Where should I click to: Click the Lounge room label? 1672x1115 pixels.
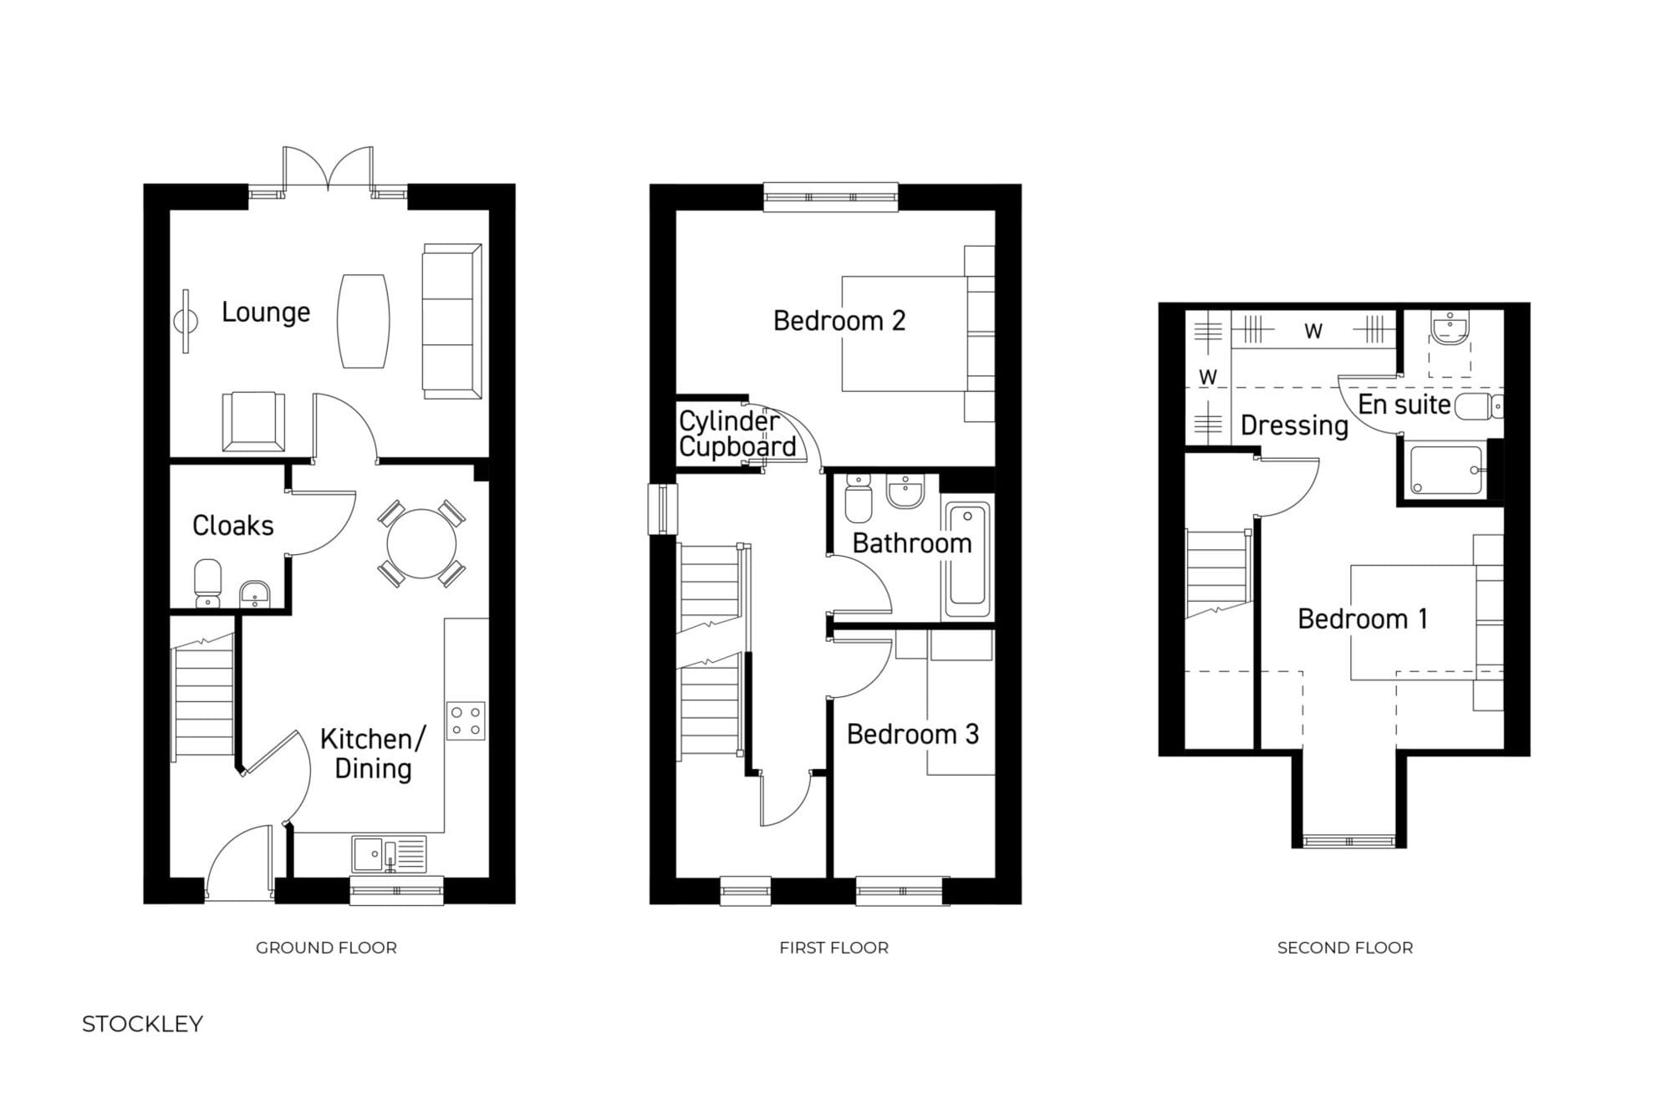[x=266, y=313]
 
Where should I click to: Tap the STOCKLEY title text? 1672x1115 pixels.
[x=142, y=1024]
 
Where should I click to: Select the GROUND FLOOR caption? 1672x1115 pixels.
[x=326, y=948]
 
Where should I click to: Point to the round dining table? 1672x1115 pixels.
[x=421, y=543]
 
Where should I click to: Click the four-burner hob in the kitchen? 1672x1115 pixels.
[x=466, y=720]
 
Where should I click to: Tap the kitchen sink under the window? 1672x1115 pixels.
[x=389, y=854]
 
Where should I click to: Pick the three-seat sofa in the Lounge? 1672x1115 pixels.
[x=451, y=321]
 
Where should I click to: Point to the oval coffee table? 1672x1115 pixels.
[x=363, y=321]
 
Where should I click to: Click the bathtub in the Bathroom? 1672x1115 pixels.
[x=967, y=558]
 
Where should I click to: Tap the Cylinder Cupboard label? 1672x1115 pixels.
[x=737, y=434]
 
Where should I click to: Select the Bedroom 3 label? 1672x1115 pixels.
[x=912, y=734]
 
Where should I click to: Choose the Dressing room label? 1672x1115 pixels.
[x=1294, y=425]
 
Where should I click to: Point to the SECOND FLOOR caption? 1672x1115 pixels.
[x=1345, y=948]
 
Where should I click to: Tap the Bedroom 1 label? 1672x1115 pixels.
[x=1363, y=619]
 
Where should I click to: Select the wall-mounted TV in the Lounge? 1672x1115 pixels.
[x=186, y=321]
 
